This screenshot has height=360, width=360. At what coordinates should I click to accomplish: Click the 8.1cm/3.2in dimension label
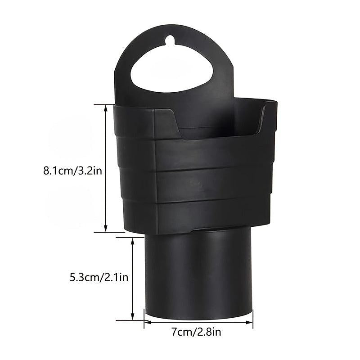tap(72, 171)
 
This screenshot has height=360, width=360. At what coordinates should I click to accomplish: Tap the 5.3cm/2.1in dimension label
tap(99, 278)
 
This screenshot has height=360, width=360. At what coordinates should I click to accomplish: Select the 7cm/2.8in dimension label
tap(196, 332)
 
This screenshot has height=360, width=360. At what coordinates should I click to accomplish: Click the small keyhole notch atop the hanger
tap(170, 40)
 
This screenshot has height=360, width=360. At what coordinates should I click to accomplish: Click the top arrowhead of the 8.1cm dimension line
tap(106, 108)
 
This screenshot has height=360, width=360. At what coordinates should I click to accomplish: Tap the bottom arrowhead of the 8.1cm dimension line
tap(106, 228)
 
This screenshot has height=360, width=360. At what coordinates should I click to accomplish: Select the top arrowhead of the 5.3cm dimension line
tap(132, 241)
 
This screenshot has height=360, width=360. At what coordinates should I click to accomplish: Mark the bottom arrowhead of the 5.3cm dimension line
tap(132, 316)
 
